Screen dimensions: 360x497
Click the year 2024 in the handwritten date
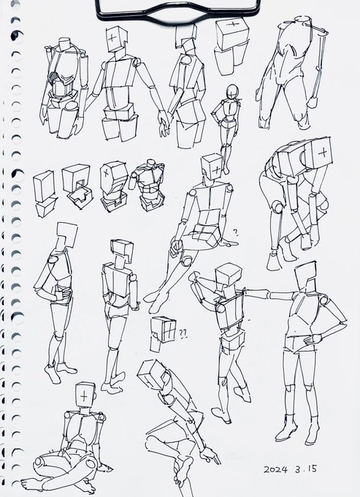click(x=275, y=469)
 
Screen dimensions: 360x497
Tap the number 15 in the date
click(x=311, y=468)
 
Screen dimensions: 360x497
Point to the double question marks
click(x=183, y=333)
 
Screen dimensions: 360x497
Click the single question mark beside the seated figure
click(x=236, y=233)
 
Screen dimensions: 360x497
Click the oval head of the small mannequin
click(x=233, y=92)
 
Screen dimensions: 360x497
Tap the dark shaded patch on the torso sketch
click(x=55, y=77)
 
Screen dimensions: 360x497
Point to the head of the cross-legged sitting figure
click(x=85, y=395)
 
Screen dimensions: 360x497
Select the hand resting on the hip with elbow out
click(x=313, y=339)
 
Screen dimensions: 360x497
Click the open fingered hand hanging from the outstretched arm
click(x=164, y=124)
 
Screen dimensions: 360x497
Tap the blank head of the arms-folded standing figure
click(x=66, y=235)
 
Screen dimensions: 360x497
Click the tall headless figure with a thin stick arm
click(x=291, y=73)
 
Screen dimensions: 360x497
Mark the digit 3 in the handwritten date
click(x=298, y=469)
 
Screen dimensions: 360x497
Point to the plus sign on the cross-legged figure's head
click(x=84, y=396)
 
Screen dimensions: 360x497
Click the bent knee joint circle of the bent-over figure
click(x=277, y=207)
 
